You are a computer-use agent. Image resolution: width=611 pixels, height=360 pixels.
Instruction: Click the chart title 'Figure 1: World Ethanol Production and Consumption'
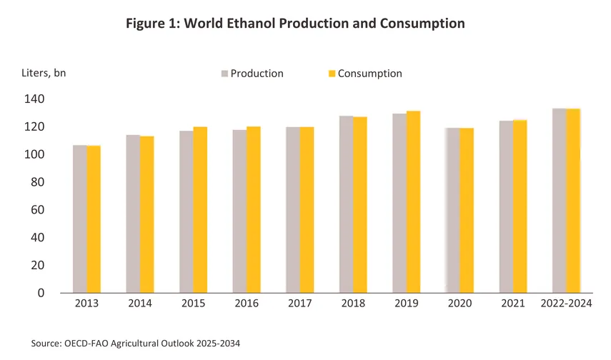295,24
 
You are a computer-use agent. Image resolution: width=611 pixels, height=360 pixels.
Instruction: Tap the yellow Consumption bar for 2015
200,210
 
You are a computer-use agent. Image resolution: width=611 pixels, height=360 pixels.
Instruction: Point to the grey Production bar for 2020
452,210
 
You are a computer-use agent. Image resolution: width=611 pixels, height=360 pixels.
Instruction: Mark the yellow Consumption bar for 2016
253,210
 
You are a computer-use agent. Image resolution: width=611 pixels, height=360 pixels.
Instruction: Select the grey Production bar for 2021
506,206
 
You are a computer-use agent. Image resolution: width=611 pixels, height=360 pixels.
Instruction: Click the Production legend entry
252,74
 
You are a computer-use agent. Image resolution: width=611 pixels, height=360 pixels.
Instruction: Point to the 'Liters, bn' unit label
43,72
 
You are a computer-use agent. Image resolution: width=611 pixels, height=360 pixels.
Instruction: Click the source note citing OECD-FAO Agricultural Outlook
136,344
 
